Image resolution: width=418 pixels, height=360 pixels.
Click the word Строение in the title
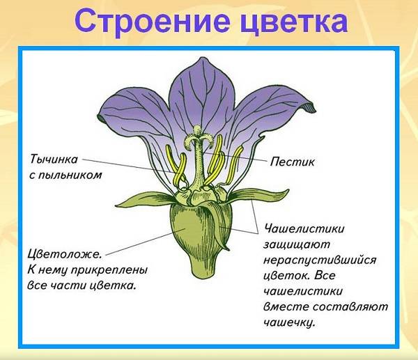point(152,22)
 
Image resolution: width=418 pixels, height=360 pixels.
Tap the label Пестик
point(292,162)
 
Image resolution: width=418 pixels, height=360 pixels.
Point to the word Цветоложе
point(65,254)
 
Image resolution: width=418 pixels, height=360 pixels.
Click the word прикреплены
point(110,270)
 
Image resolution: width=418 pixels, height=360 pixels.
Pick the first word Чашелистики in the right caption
point(304,228)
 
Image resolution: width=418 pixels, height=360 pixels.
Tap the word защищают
point(297,244)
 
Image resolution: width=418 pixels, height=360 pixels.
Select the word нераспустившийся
point(320,260)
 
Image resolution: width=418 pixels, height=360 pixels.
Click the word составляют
point(350,306)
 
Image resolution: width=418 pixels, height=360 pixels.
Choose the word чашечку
point(290,322)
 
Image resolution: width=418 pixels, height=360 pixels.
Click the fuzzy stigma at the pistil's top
point(198,137)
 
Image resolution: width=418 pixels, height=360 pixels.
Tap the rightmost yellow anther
point(234,165)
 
